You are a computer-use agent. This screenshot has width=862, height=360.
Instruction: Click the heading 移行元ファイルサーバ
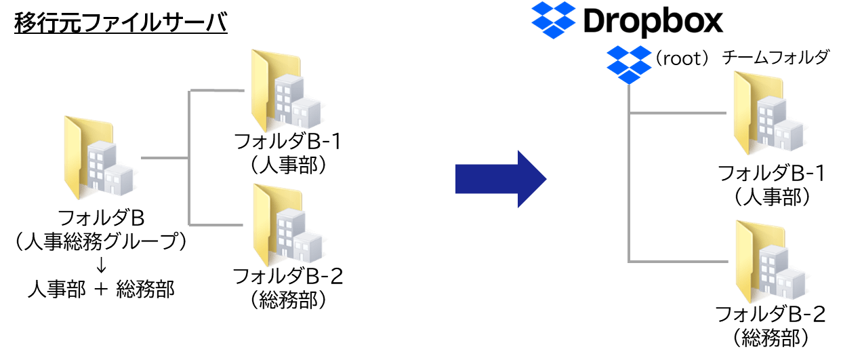[120, 24]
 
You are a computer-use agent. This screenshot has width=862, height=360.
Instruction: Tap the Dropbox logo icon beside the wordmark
[553, 21]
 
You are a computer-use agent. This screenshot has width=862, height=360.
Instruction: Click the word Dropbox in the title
[653, 22]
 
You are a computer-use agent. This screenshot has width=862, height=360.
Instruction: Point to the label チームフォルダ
[775, 58]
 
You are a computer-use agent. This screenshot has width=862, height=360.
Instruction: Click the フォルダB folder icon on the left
[101, 157]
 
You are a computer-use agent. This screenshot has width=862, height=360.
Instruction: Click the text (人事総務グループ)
[102, 241]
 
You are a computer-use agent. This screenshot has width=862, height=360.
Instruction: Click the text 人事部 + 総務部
[102, 289]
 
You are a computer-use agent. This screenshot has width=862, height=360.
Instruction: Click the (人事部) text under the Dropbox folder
[771, 197]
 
